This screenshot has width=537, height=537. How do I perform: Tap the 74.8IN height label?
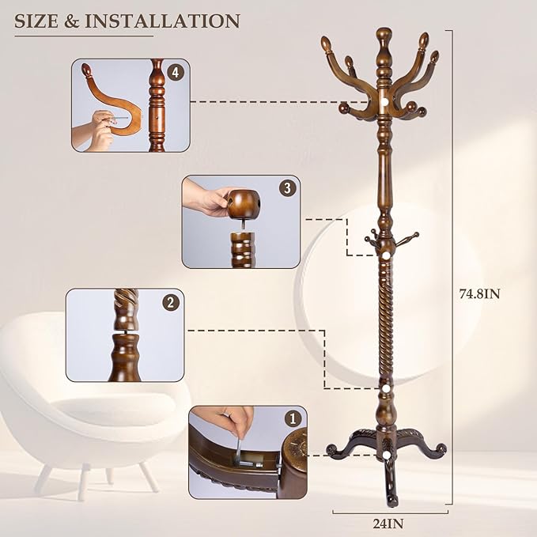480,293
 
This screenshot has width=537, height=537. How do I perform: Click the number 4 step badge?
176,73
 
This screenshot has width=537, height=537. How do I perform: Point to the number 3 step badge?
286,188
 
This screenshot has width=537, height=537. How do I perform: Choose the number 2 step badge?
170,302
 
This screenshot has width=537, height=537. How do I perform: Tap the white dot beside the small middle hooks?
385,256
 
